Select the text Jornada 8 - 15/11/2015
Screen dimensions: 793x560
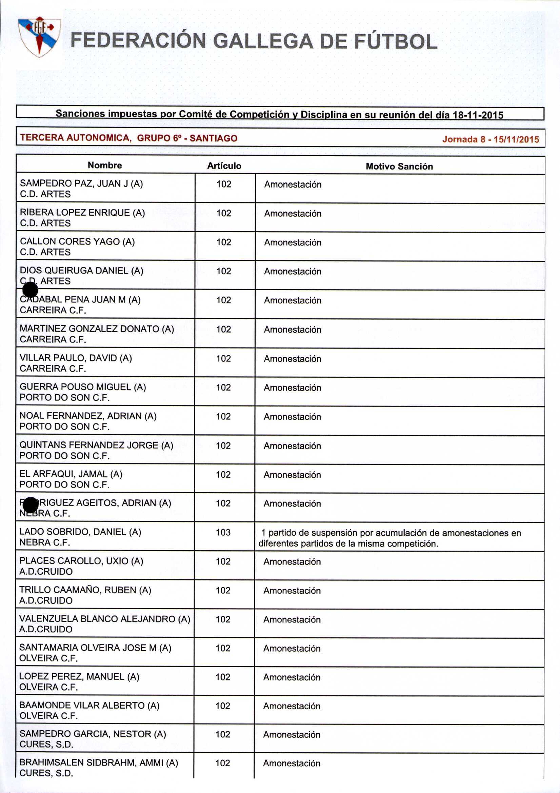coord(490,140)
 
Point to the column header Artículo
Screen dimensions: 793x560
coord(224,166)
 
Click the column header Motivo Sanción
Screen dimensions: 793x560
coord(399,166)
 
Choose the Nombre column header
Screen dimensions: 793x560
coord(105,165)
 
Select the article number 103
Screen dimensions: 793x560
coord(223,532)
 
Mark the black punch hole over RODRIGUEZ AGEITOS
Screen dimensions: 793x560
coord(31,505)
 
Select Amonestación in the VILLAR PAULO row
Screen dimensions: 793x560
coord(293,359)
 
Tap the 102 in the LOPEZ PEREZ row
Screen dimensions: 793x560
coord(223,677)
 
